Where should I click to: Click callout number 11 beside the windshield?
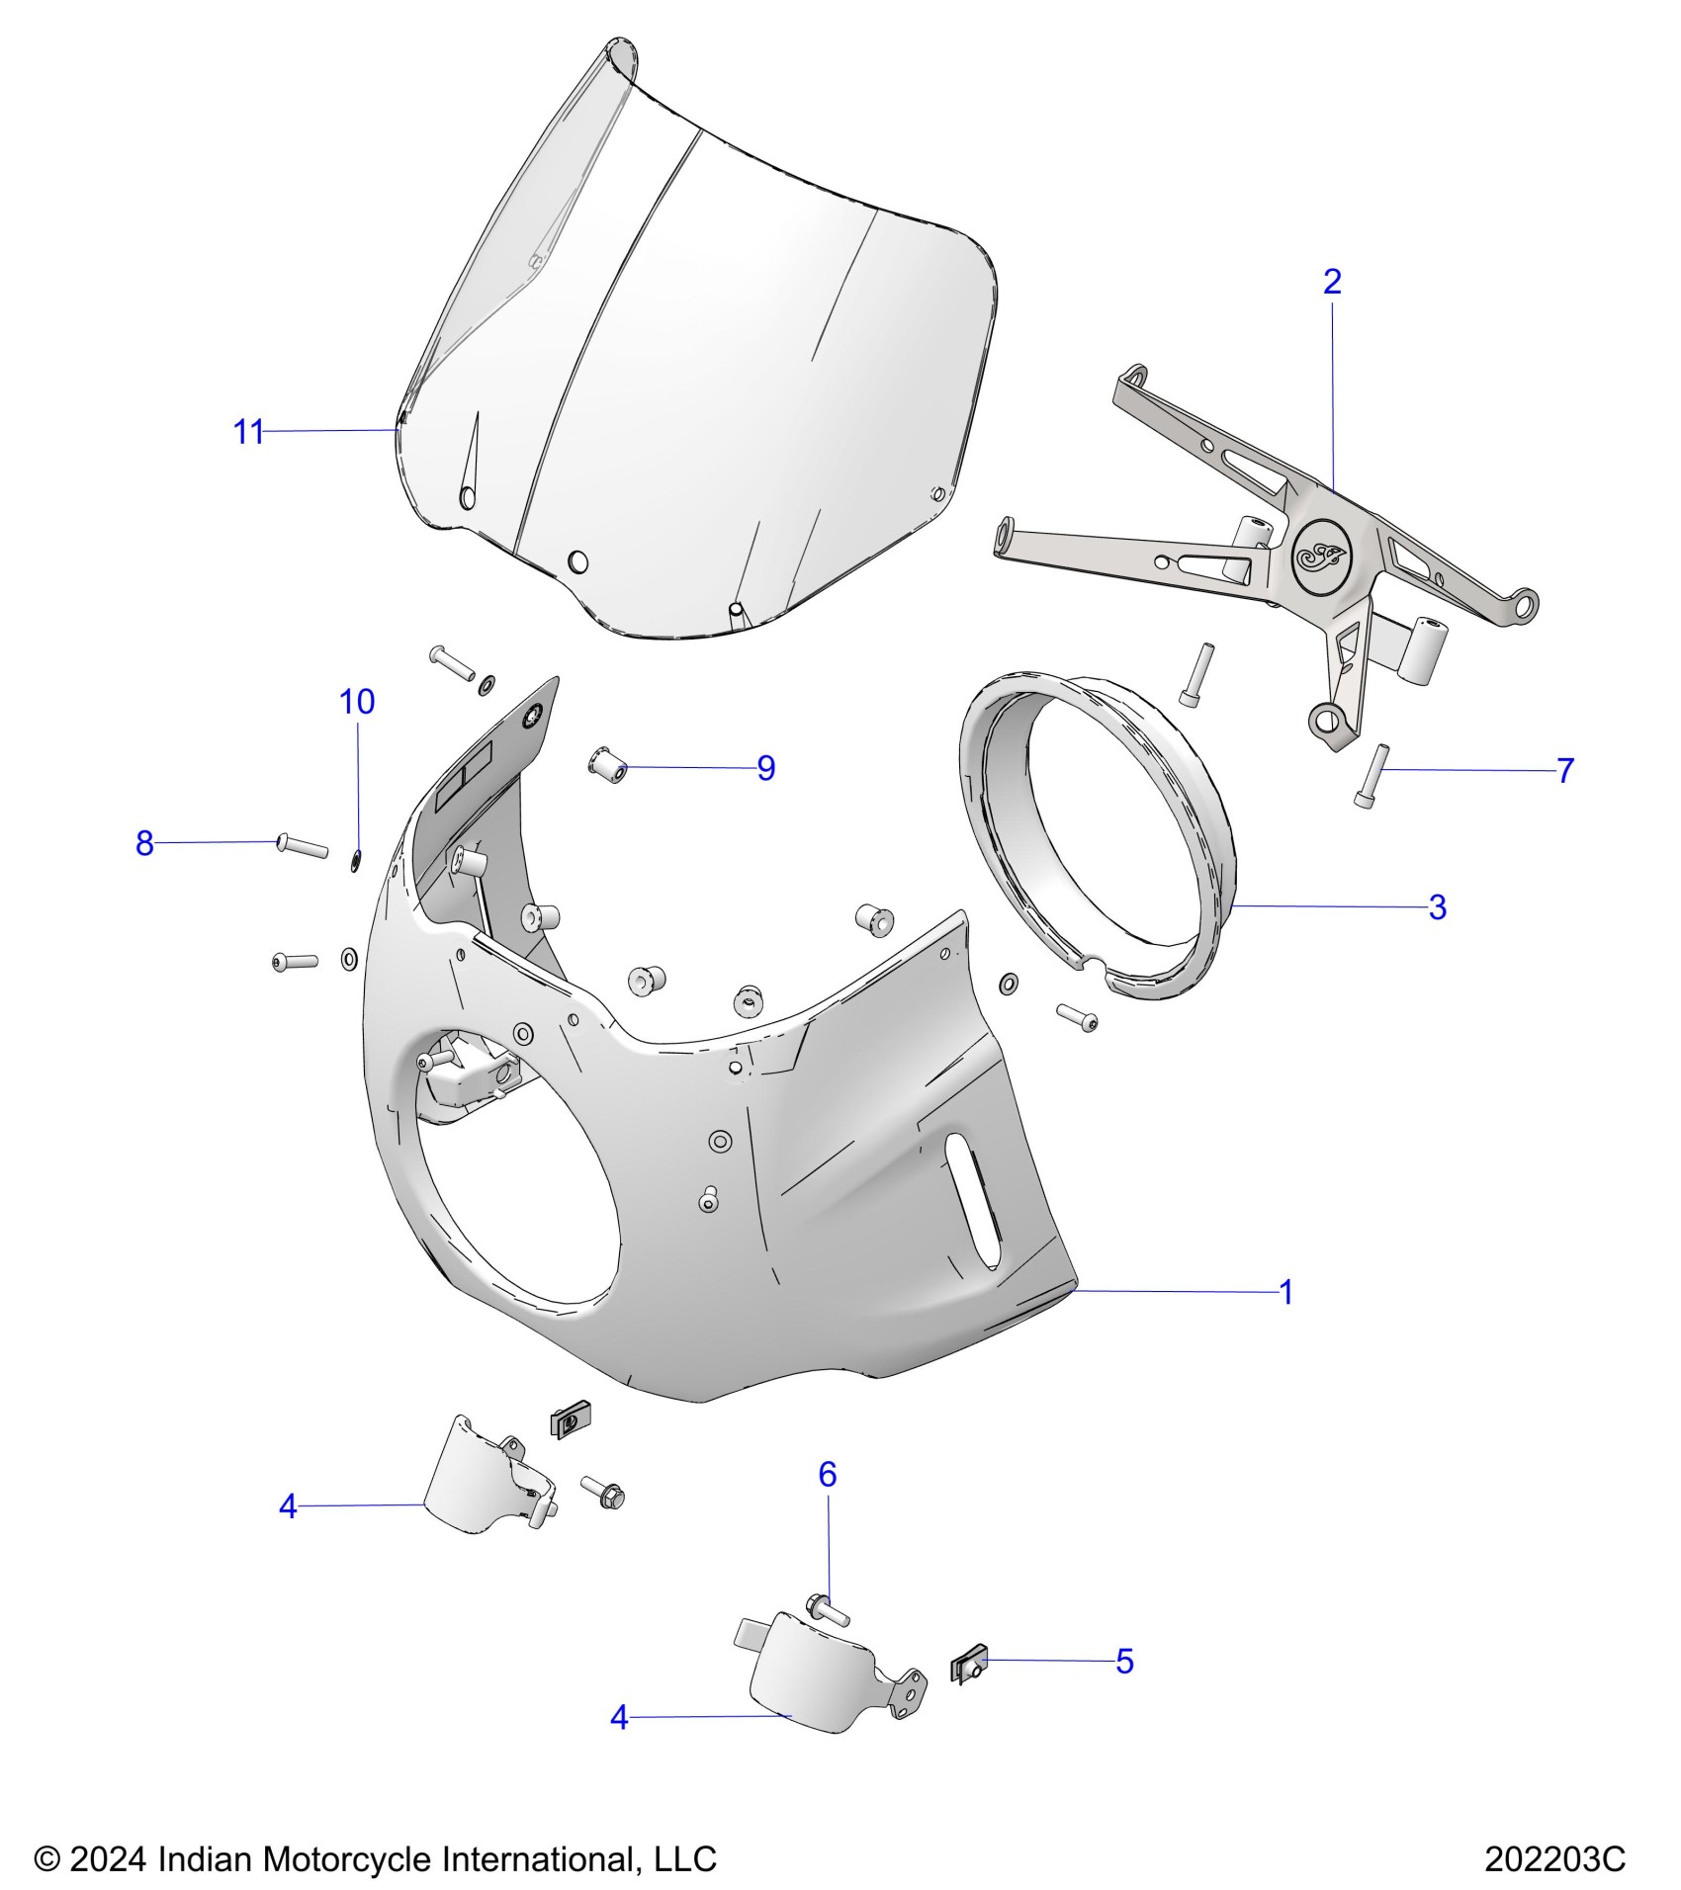coord(248,432)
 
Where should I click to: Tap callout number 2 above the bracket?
coord(1332,283)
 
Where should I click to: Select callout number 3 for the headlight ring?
coord(1438,907)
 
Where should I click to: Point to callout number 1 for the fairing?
coord(1286,1292)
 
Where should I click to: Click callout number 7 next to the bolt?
coord(1564,771)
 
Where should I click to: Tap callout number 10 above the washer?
coord(357,702)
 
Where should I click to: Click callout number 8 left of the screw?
coord(145,843)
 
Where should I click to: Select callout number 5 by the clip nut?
coord(1124,1662)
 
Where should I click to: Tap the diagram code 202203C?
coord(1554,1858)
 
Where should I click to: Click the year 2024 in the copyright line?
coord(108,1858)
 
